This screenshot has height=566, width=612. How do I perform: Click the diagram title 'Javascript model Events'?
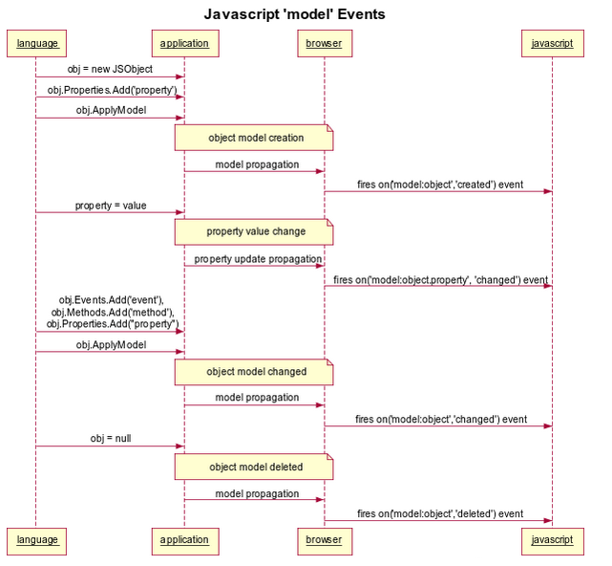(x=294, y=14)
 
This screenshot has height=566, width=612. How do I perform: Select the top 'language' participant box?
(x=36, y=44)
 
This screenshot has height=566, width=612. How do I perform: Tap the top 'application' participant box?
(x=184, y=44)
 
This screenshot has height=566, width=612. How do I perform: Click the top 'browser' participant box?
(x=324, y=44)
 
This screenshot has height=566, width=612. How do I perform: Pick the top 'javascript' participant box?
(x=552, y=44)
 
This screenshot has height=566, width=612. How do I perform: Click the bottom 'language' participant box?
(x=36, y=540)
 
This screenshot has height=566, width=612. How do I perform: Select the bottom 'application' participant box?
(x=184, y=540)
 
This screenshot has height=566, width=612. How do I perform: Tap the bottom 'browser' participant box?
(x=324, y=540)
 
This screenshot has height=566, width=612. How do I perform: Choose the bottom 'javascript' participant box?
(x=552, y=540)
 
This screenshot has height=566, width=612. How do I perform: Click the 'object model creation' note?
(x=254, y=138)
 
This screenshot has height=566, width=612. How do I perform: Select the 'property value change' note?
(x=254, y=231)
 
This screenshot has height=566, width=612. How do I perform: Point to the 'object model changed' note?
(x=254, y=372)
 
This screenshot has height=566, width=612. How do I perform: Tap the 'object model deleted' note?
(x=254, y=468)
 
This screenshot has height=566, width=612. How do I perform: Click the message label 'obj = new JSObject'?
(x=110, y=69)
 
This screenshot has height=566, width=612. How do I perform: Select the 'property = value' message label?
(x=111, y=206)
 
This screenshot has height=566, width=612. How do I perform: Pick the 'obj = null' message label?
(x=111, y=439)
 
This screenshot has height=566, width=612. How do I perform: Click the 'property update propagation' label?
(x=258, y=259)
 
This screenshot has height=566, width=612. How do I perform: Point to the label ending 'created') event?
(x=440, y=184)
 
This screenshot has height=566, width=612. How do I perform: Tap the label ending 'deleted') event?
(x=440, y=513)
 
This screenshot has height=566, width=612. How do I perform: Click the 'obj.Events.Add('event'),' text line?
(x=111, y=300)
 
